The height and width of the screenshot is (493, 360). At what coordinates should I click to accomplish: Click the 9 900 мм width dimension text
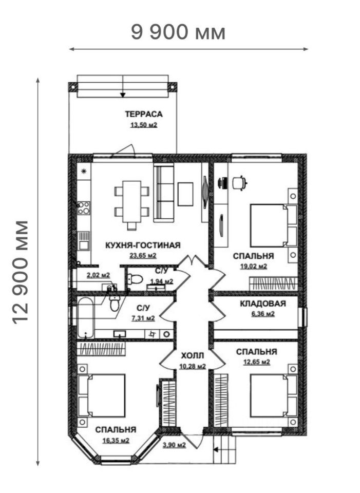pyautogui.click(x=178, y=32)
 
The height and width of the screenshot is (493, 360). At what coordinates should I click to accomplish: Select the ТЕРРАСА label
pyautogui.click(x=144, y=114)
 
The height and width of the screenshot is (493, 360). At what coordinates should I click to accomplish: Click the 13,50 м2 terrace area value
pyautogui.click(x=144, y=125)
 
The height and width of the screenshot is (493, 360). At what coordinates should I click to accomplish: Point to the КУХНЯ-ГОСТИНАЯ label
pyautogui.click(x=143, y=245)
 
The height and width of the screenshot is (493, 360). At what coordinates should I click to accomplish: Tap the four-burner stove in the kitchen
pyautogui.click(x=84, y=208)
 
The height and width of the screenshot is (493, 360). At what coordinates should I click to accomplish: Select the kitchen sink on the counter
pyautogui.click(x=84, y=241)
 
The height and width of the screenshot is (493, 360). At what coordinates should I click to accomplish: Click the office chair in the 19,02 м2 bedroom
pyautogui.click(x=240, y=183)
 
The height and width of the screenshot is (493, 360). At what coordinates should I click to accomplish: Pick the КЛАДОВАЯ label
pyautogui.click(x=263, y=304)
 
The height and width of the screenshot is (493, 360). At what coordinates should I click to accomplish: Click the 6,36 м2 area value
pyautogui.click(x=263, y=314)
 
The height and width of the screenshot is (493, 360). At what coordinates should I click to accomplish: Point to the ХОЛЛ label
pyautogui.click(x=193, y=356)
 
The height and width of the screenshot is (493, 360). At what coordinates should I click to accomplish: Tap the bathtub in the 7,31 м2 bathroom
pyautogui.click(x=86, y=318)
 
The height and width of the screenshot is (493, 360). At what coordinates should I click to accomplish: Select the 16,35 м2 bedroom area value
pyautogui.click(x=116, y=441)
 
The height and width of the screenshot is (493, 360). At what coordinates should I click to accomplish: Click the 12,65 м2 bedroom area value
pyautogui.click(x=257, y=362)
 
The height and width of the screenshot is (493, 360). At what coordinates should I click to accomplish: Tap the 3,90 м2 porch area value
pyautogui.click(x=174, y=445)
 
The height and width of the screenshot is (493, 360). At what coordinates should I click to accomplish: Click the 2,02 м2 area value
pyautogui.click(x=99, y=275)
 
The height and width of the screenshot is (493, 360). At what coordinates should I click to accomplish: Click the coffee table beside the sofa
pyautogui.click(x=185, y=194)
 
